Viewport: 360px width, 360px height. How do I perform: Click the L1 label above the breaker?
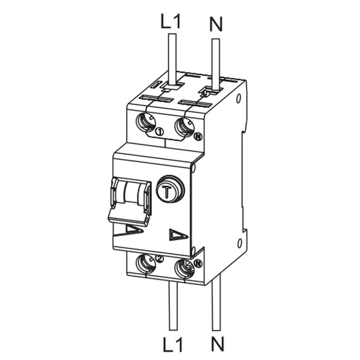pyautogui.click(x=171, y=22)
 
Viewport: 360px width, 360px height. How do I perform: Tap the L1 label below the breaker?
pyautogui.click(x=173, y=344)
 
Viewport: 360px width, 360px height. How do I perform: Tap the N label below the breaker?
pyautogui.click(x=217, y=344)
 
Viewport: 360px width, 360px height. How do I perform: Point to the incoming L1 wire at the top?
pyautogui.click(x=172, y=60)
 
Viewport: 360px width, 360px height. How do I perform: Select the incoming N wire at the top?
pyautogui.click(x=215, y=64)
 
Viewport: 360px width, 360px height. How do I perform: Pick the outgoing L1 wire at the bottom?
pyautogui.click(x=173, y=306)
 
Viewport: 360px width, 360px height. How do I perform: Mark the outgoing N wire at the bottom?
pyautogui.click(x=216, y=302)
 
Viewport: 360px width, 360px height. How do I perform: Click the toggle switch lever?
pyautogui.click(x=130, y=202)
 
